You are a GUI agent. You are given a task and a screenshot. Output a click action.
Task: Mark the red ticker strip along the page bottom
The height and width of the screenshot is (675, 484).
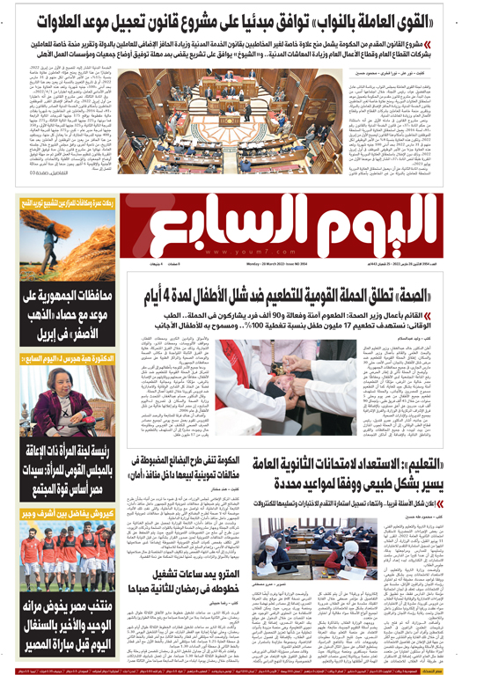242,670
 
